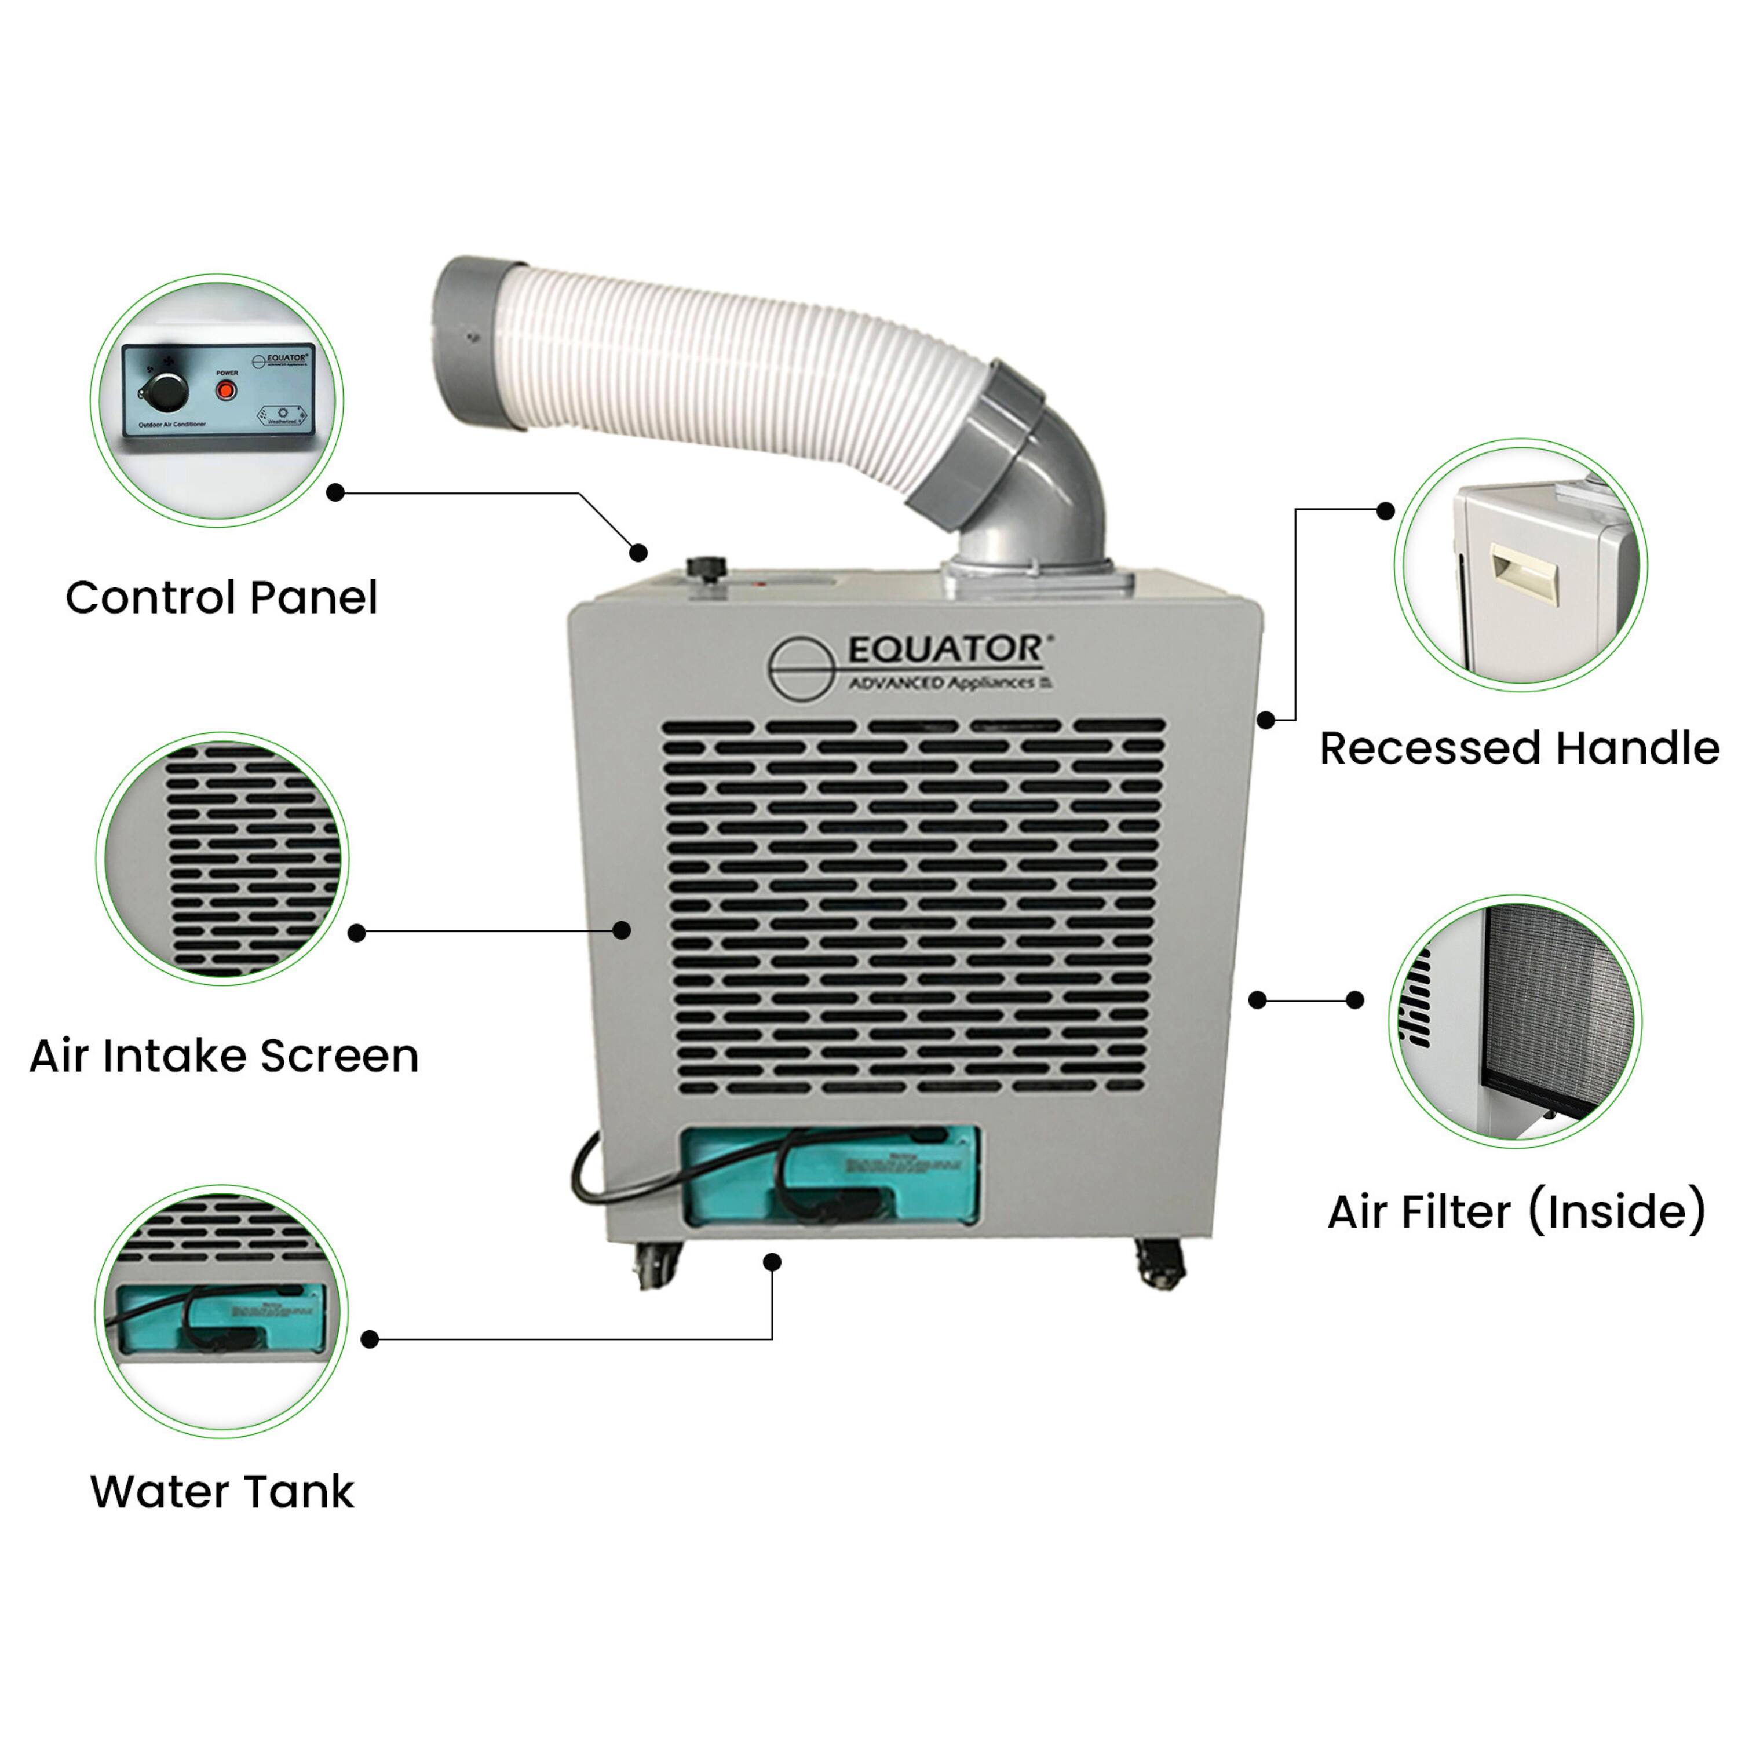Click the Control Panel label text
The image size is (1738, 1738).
coord(221,598)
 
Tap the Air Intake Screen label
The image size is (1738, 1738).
coord(224,1056)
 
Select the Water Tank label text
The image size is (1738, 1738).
coord(222,1492)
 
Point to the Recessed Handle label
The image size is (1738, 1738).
coord(1518,748)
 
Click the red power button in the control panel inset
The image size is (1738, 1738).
coord(227,390)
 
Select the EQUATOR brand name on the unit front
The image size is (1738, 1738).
coord(944,649)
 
